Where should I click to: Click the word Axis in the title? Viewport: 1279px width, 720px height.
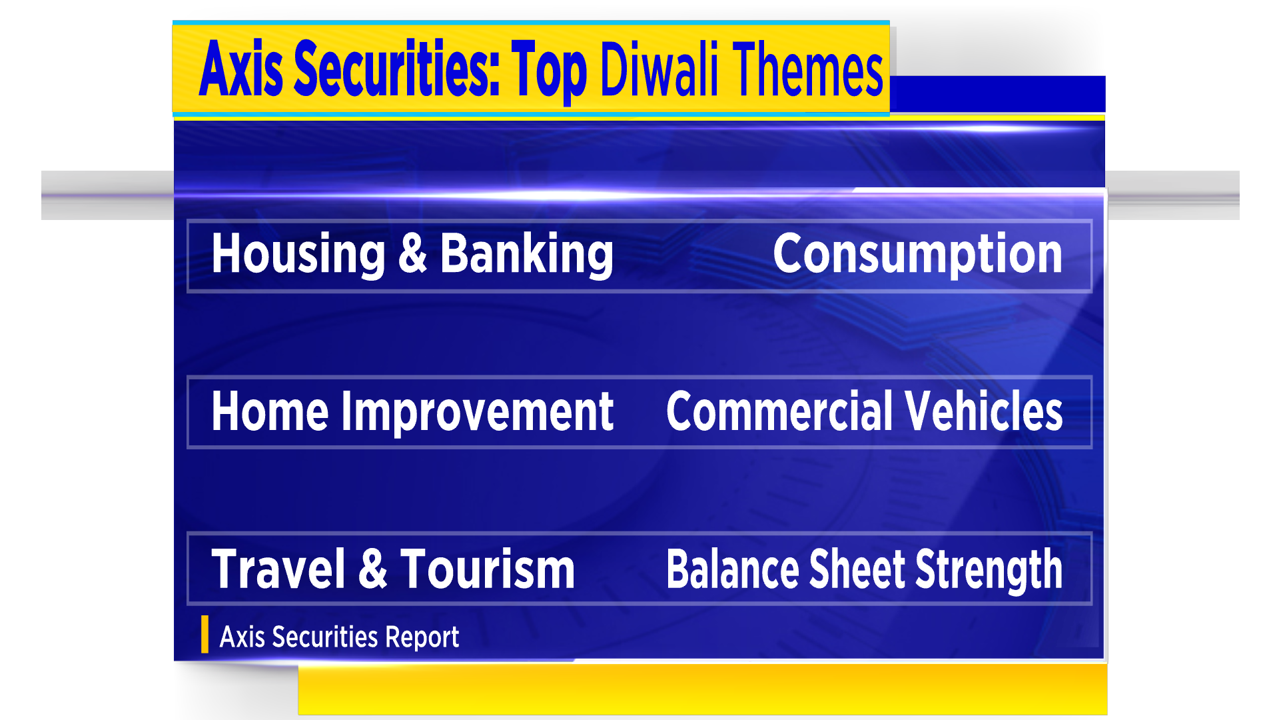click(x=241, y=68)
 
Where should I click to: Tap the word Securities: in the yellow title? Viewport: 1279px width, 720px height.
click(x=397, y=68)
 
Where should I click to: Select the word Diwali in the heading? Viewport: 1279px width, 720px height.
click(x=659, y=68)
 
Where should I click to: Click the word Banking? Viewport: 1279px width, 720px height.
click(x=527, y=254)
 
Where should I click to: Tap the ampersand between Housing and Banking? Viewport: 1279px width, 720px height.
click(x=412, y=253)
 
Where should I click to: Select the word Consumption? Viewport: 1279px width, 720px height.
click(x=917, y=254)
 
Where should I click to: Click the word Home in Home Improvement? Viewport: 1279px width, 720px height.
click(x=270, y=411)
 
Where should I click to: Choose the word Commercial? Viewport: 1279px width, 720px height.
click(x=779, y=411)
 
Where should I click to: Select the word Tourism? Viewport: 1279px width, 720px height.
click(x=488, y=569)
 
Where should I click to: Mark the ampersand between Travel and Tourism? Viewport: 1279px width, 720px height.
click(x=373, y=569)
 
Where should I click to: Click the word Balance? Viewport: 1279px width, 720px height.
click(x=731, y=569)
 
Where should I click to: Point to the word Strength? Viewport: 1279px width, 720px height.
click(x=989, y=571)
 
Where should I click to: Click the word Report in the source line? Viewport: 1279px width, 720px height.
click(x=422, y=637)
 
